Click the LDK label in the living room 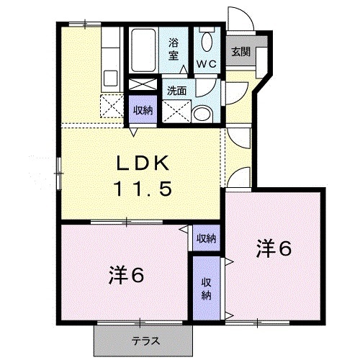[143, 163]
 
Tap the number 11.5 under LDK [143, 189]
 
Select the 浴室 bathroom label [174, 49]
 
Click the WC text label [207, 64]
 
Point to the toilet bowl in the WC [207, 42]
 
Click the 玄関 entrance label [241, 52]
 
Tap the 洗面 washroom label [177, 91]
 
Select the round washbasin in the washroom [202, 114]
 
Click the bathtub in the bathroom [143, 50]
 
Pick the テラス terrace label [146, 341]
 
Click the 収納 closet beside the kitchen [143, 109]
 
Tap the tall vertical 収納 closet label [207, 289]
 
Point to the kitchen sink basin [110, 78]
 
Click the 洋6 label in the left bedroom [126, 275]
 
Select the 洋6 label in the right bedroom [274, 248]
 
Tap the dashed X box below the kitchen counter [112, 106]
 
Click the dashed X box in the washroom [177, 112]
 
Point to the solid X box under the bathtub [143, 84]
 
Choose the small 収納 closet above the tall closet [207, 238]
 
